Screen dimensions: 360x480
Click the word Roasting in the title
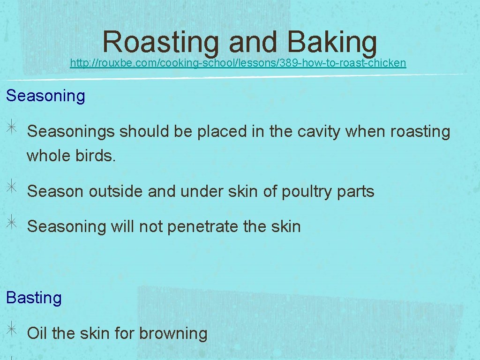click(x=160, y=42)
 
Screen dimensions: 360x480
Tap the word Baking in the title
click(x=332, y=42)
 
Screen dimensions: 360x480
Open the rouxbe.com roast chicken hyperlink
click(x=238, y=63)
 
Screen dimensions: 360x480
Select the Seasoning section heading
click(x=45, y=96)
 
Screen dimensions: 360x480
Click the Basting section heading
click(x=34, y=298)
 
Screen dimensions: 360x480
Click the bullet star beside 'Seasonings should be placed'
click(x=12, y=131)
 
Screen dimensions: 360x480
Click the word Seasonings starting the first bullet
click(x=71, y=132)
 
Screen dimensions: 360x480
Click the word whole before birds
click(x=48, y=156)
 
